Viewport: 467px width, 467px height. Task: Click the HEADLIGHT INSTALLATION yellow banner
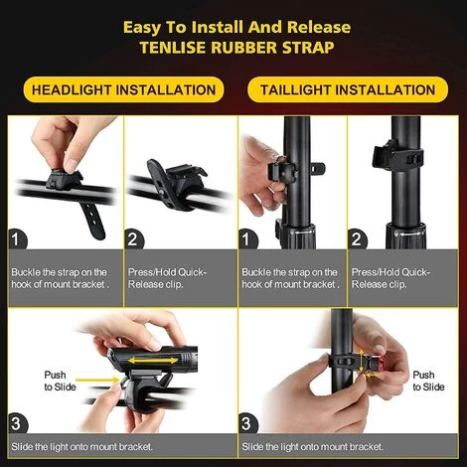(x=123, y=89)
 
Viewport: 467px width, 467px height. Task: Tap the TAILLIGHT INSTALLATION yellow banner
(x=348, y=89)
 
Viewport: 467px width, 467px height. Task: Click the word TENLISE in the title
(x=172, y=47)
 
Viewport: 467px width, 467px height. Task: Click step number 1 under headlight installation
(x=17, y=238)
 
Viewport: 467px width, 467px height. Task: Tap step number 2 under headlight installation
(x=133, y=238)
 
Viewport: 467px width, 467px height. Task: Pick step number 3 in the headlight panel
(x=17, y=423)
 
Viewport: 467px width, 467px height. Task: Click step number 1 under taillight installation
(x=246, y=238)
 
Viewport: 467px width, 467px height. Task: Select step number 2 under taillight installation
(x=357, y=238)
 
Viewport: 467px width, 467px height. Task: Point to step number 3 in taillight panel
(x=247, y=423)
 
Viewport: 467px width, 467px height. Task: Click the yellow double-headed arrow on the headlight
(x=153, y=360)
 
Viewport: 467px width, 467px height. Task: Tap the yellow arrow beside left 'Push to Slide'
(x=97, y=380)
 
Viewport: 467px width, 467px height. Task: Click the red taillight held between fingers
(x=375, y=364)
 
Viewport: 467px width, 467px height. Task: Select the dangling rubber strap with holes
(x=91, y=220)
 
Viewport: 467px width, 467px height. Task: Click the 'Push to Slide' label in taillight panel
(x=428, y=381)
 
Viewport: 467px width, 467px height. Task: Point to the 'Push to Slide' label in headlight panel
(x=60, y=381)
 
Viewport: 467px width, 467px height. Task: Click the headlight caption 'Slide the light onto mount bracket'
(x=81, y=447)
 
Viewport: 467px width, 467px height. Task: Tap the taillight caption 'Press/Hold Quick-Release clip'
(x=390, y=278)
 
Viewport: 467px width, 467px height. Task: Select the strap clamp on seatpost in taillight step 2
(x=398, y=156)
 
